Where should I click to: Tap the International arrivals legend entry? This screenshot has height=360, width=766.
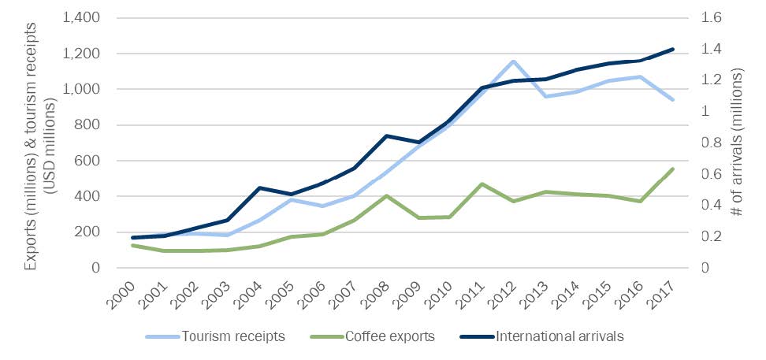(x=560, y=337)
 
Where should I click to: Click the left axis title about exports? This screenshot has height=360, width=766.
(x=37, y=143)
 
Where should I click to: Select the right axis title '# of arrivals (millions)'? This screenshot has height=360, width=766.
(x=738, y=143)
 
